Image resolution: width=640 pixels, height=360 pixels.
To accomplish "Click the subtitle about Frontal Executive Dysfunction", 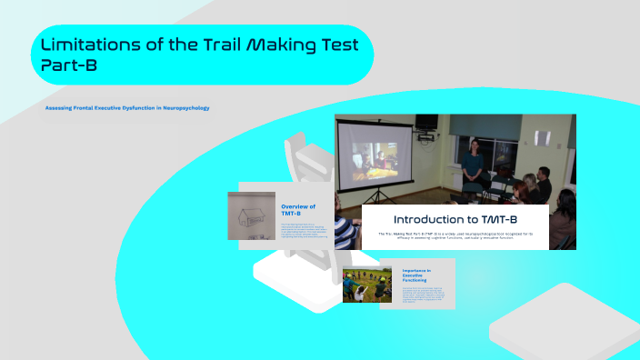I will coord(127,107).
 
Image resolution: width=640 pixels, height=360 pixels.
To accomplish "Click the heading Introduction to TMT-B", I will coord(455,219).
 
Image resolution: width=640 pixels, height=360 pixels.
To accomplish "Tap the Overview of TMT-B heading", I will coord(298,210).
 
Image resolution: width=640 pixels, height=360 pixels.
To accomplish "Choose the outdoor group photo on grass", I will coord(367,285).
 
